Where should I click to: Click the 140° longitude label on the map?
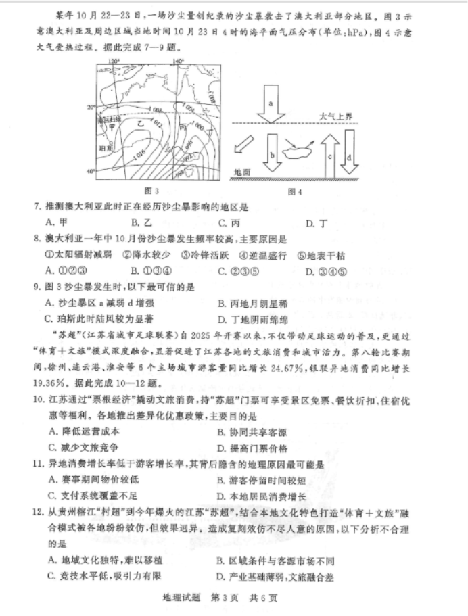[179, 62]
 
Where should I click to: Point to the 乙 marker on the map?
[141, 123]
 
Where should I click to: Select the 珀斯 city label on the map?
[104, 147]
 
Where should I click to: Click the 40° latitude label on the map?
[89, 172]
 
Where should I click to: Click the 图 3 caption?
[152, 191]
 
